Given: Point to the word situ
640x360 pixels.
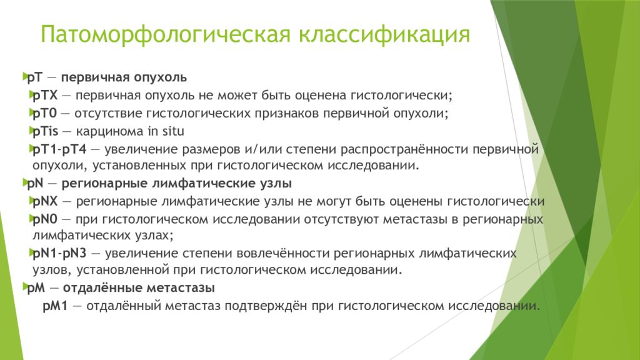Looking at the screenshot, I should click(172, 131).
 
